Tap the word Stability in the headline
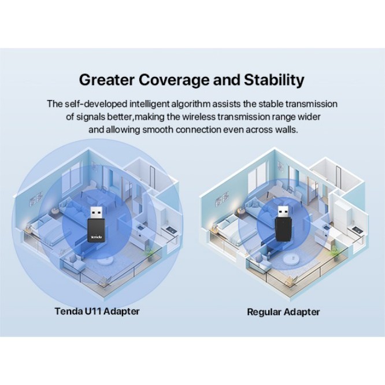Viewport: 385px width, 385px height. (x=274, y=80)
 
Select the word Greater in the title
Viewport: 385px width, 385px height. (x=107, y=79)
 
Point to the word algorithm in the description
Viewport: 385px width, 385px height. (x=191, y=104)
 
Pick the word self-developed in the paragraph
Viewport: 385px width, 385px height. (x=97, y=104)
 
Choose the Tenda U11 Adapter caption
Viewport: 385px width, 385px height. (x=97, y=311)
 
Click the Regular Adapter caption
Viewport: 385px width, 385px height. (x=283, y=312)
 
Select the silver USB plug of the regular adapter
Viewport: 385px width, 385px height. (x=284, y=212)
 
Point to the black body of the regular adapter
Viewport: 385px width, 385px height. (x=284, y=229)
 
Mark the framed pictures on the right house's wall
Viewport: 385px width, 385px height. (x=219, y=199)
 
